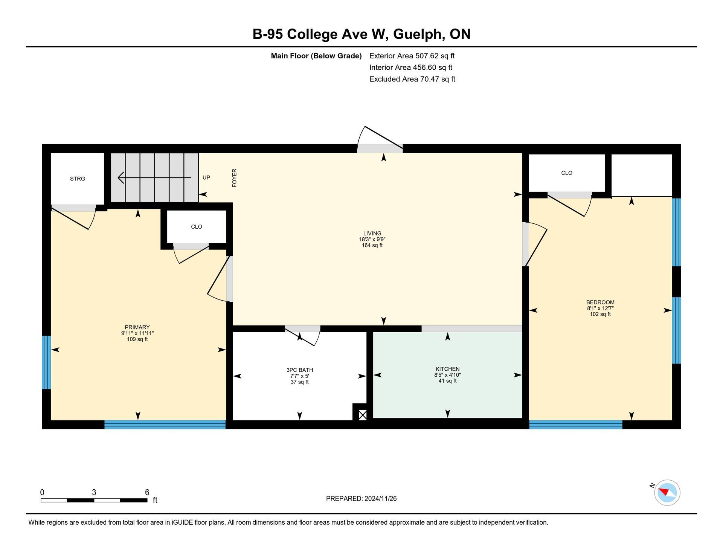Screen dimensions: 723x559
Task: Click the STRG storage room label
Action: pyautogui.click(x=78, y=179)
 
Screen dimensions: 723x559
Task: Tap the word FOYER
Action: pyautogui.click(x=234, y=178)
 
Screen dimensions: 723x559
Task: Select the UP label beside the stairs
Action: pyautogui.click(x=206, y=177)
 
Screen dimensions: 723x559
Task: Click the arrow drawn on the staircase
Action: pyautogui.click(x=154, y=177)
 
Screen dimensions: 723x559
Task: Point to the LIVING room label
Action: pyautogui.click(x=372, y=233)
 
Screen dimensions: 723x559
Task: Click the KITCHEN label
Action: pyautogui.click(x=447, y=369)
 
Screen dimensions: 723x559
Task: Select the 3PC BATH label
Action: pyautogui.click(x=300, y=370)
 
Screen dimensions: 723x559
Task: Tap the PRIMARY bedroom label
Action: pyautogui.click(x=137, y=327)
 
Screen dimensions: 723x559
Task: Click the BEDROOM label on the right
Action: pyautogui.click(x=600, y=302)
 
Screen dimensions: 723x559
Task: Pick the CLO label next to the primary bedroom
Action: pyautogui.click(x=197, y=227)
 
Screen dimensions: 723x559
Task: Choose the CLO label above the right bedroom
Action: pyautogui.click(x=567, y=173)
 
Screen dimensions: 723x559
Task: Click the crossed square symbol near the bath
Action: pyautogui.click(x=363, y=415)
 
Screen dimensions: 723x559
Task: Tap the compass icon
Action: pyautogui.click(x=667, y=492)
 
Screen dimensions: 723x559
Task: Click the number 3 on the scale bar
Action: pyautogui.click(x=94, y=492)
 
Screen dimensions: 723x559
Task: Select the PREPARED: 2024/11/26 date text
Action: pyautogui.click(x=361, y=499)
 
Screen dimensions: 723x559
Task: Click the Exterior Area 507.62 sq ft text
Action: pyautogui.click(x=412, y=56)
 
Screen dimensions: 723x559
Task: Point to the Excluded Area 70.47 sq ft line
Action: pyautogui.click(x=412, y=79)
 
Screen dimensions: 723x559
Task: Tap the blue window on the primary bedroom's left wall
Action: pyautogui.click(x=46, y=362)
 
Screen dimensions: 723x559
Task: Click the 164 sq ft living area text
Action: pyautogui.click(x=372, y=245)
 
